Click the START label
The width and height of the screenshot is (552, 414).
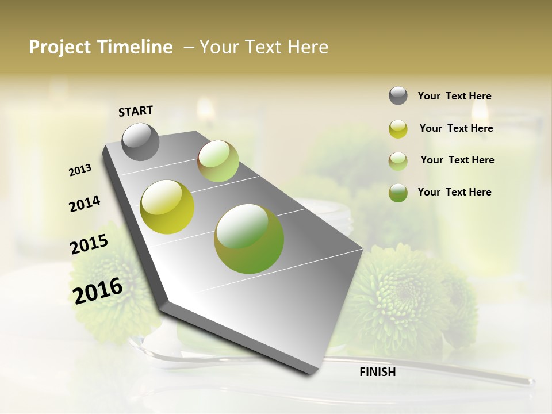pos(136,111)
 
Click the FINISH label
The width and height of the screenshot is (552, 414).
pos(377,372)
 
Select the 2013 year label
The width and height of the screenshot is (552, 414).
pos(80,170)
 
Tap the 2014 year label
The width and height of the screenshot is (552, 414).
pos(85,204)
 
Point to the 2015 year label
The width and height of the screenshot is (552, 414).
pos(89,244)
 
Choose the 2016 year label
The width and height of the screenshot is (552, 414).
pos(98,290)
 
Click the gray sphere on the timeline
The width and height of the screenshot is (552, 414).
pos(141,141)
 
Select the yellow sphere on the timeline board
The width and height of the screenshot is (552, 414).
pos(167,207)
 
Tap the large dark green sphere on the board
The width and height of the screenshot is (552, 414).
pos(249,239)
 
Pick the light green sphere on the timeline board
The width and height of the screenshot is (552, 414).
pos(218,161)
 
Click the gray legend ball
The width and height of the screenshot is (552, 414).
pos(398,95)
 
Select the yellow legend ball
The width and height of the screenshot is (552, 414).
pos(398,129)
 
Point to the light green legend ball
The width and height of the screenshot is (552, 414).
pos(398,161)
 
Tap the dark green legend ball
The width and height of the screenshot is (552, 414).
pos(398,193)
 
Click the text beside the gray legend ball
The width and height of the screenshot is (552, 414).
pos(454,97)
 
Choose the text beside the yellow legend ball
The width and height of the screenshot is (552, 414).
pos(456,128)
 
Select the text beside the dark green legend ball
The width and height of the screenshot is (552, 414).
pos(454,192)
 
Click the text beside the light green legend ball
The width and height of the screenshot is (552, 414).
pos(457,160)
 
